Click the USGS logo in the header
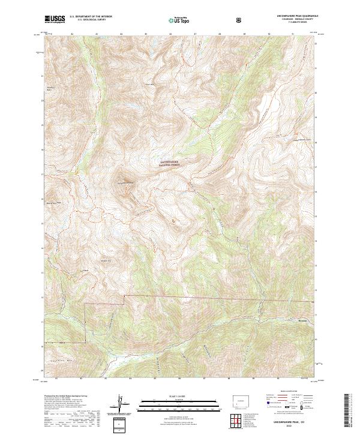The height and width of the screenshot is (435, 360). (x=55, y=20)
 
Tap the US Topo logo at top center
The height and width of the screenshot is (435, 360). (x=179, y=20)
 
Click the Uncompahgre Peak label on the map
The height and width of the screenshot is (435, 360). (x=127, y=181)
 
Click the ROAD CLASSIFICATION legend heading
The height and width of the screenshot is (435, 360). (x=289, y=395)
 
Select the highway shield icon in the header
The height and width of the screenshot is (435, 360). (x=240, y=20)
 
